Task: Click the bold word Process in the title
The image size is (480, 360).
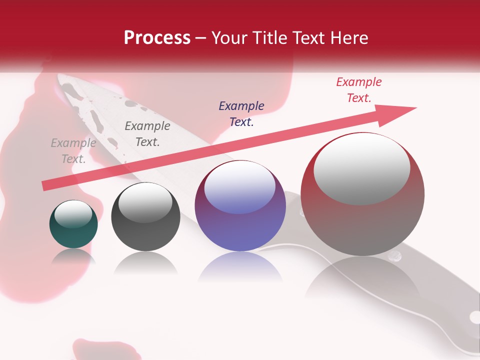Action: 157,37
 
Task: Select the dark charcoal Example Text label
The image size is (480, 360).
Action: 147,134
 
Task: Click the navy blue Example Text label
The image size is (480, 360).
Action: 241,114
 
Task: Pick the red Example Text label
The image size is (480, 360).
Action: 359,90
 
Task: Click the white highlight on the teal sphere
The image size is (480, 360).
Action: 73,214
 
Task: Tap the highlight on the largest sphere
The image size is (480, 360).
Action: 361,169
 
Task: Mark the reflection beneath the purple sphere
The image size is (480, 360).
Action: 240,267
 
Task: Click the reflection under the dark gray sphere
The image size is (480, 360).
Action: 145,262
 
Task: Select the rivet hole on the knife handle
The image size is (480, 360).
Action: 473,316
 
